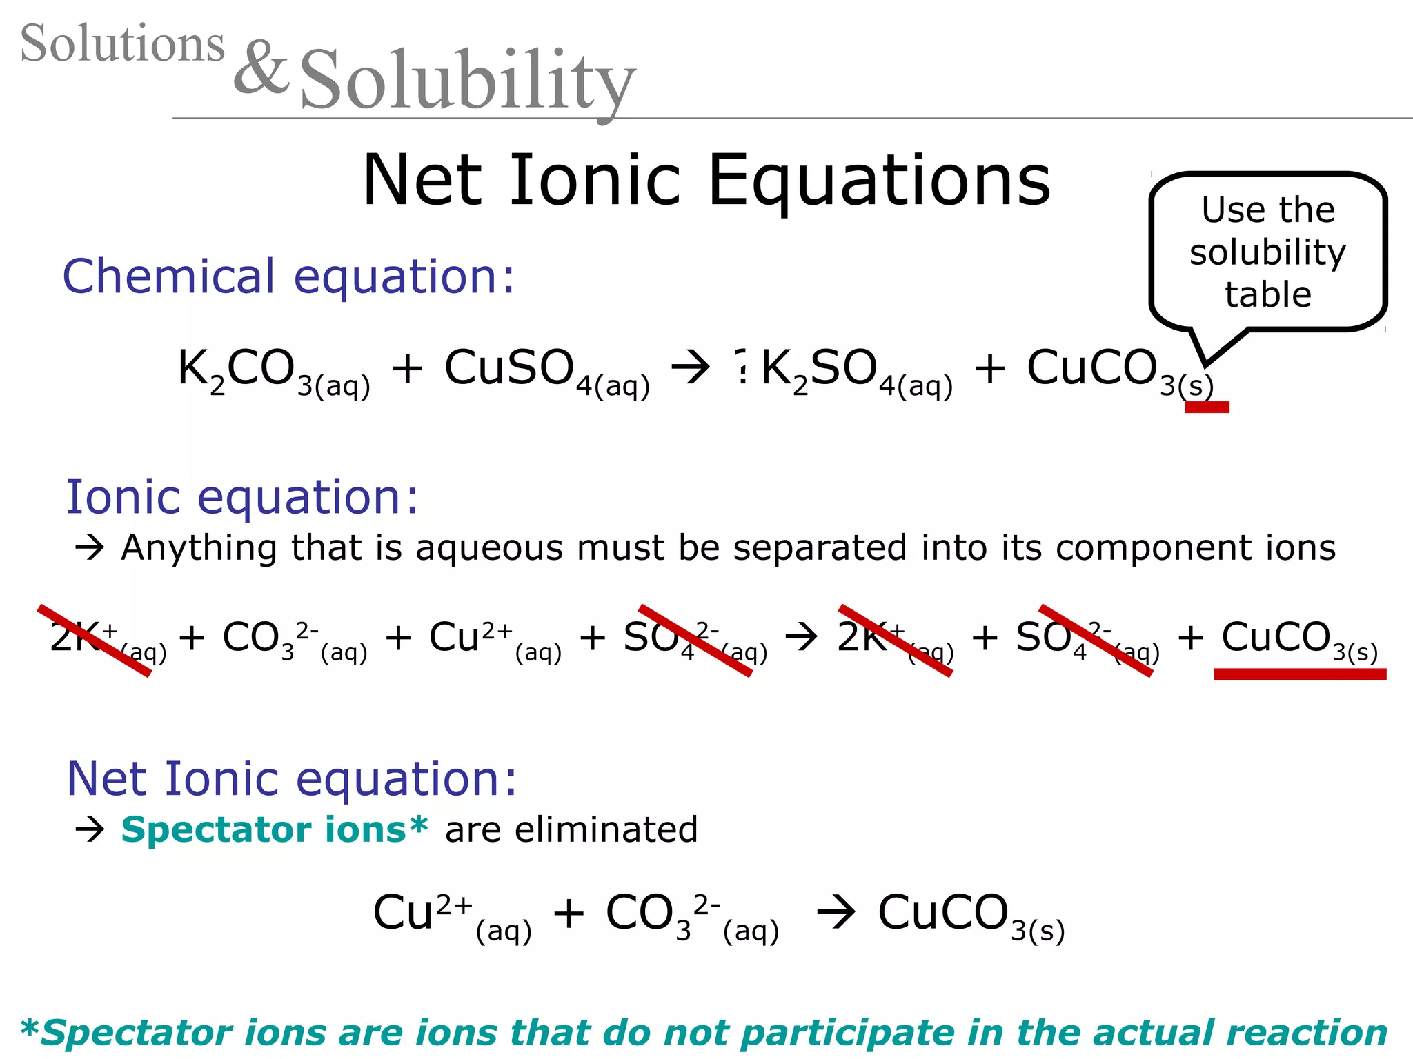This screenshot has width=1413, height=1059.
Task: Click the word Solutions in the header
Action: [x=122, y=43]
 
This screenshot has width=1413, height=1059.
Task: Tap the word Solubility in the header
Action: [x=467, y=81]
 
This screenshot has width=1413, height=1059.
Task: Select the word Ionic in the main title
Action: [x=595, y=181]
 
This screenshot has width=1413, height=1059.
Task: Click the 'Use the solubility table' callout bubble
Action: [x=1267, y=252]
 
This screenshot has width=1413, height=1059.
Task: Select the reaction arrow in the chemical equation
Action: [x=691, y=367]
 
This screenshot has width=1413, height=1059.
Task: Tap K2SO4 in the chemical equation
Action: [x=856, y=371]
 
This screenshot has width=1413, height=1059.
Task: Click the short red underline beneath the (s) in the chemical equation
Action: [x=1207, y=407]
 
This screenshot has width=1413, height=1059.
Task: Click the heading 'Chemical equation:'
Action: [x=288, y=276]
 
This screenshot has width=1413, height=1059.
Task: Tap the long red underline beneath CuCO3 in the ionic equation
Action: [x=1300, y=674]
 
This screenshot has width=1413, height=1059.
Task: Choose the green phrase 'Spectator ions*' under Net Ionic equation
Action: [x=275, y=829]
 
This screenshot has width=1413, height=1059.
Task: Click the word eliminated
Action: [x=606, y=829]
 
